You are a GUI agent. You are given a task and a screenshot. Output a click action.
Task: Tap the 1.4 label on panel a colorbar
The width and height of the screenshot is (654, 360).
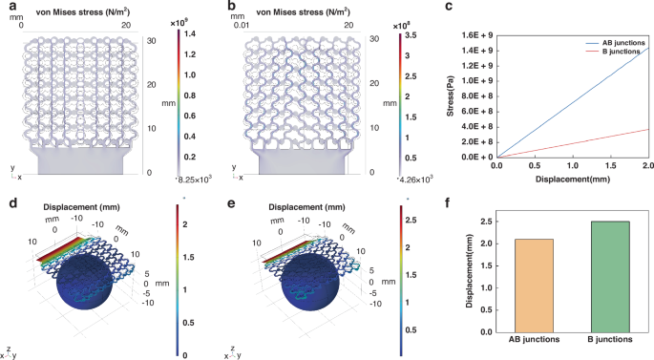click(x=189, y=32)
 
